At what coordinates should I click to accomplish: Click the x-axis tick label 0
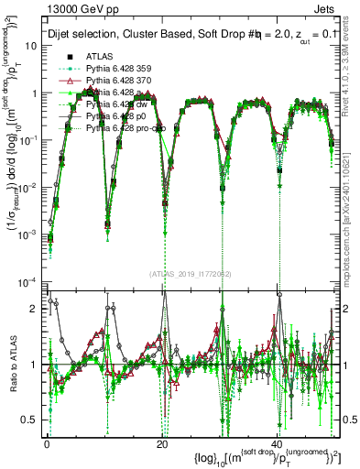[x=48, y=444]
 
